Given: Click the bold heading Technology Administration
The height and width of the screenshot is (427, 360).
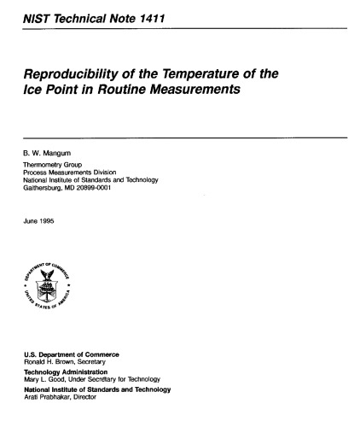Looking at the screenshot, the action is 67,371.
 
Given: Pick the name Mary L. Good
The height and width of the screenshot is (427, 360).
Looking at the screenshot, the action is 42,379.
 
